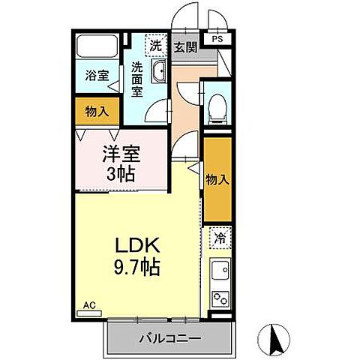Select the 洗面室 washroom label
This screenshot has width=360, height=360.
point(137,78)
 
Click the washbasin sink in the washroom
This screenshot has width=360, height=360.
point(159,73)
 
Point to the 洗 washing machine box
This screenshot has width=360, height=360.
point(155,46)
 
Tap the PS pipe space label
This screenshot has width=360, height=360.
point(217,39)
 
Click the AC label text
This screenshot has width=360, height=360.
point(89,305)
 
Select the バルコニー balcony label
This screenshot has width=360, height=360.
point(169,338)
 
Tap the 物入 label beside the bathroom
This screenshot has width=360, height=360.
point(96,111)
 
